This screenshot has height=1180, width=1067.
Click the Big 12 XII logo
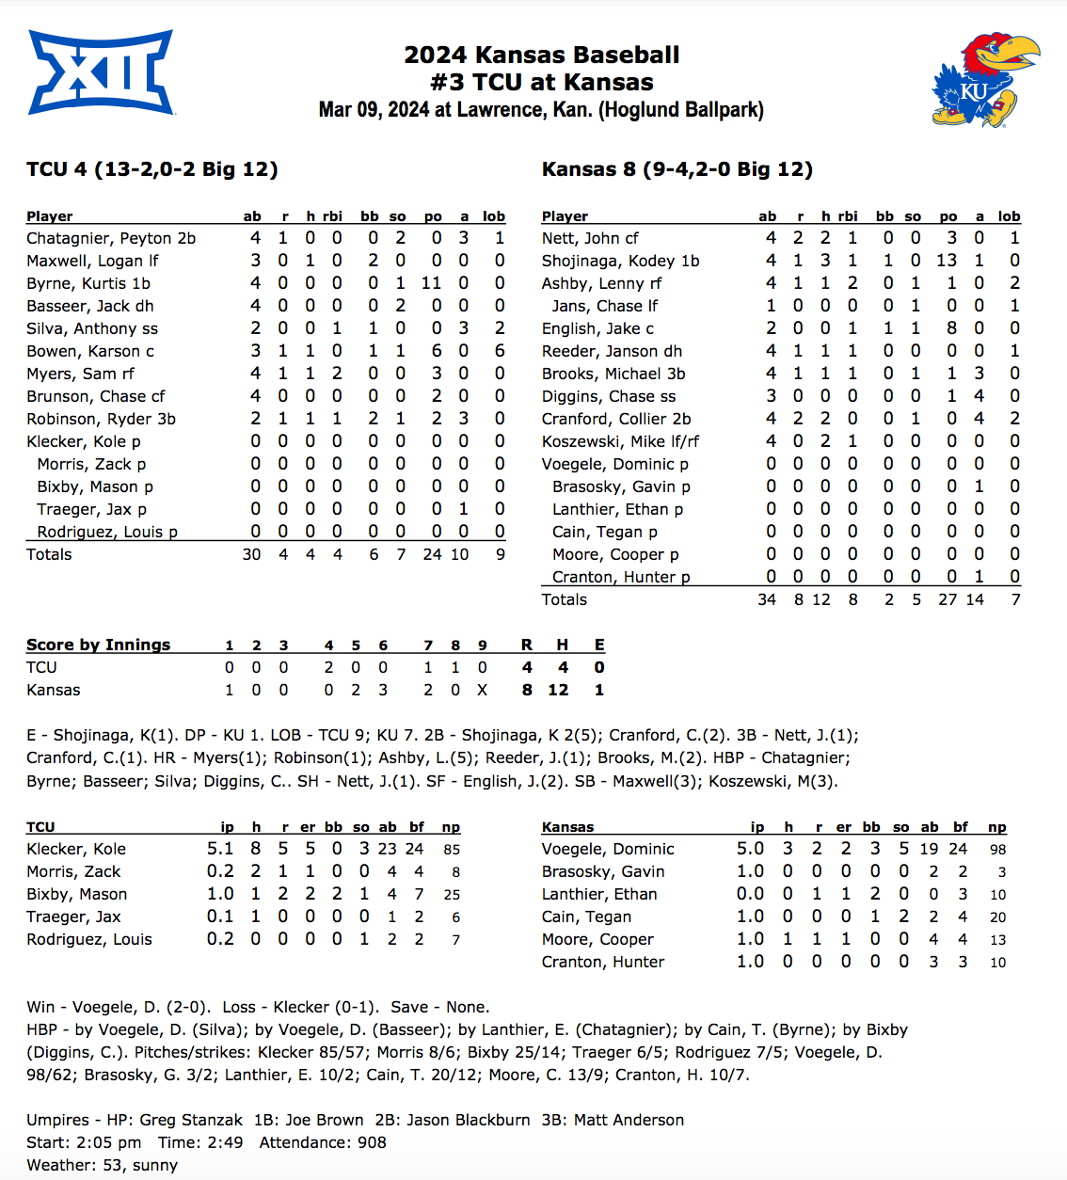(x=101, y=72)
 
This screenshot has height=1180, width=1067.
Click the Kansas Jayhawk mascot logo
(x=984, y=80)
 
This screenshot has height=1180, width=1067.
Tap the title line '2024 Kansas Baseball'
(x=541, y=56)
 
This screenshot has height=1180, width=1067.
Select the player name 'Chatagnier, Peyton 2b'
(x=111, y=238)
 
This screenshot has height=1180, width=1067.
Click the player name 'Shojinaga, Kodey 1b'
(x=620, y=261)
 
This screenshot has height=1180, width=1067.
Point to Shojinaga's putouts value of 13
(x=947, y=261)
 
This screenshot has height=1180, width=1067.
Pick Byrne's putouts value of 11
(x=432, y=283)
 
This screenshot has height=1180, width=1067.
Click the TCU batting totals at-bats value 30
(x=251, y=554)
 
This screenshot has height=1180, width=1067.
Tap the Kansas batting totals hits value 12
(x=821, y=599)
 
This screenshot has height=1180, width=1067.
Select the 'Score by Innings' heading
(x=99, y=645)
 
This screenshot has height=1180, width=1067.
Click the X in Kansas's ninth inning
(x=483, y=690)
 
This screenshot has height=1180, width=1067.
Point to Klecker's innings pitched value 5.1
(x=220, y=849)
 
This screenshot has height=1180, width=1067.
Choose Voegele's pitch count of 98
(x=997, y=849)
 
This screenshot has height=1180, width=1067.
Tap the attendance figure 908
(x=372, y=1142)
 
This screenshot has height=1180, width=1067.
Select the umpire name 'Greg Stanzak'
(x=191, y=1120)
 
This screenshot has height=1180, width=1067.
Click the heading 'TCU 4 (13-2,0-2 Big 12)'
(x=152, y=169)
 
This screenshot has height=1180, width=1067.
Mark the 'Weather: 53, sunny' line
(x=102, y=1165)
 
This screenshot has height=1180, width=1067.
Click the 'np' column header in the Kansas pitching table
(x=997, y=827)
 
